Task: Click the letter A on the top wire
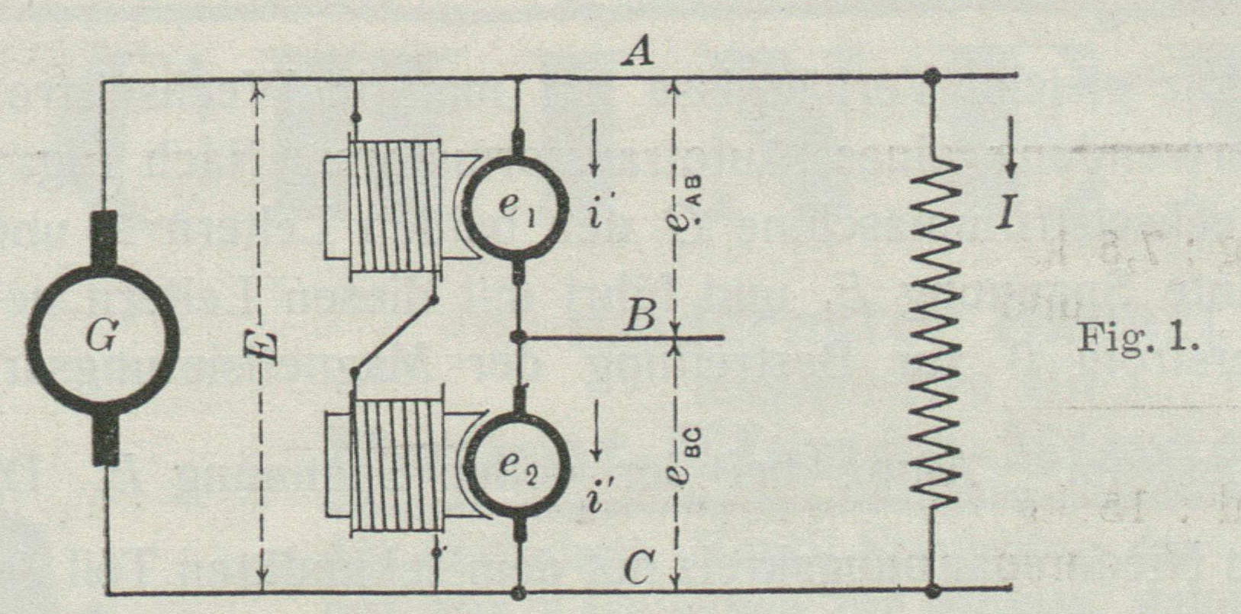pos(636,53)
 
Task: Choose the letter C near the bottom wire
pos(638,567)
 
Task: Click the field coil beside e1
pos(394,206)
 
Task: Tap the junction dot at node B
pos(519,336)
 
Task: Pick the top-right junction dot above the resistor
pos(931,76)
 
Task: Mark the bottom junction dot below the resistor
pos(931,590)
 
